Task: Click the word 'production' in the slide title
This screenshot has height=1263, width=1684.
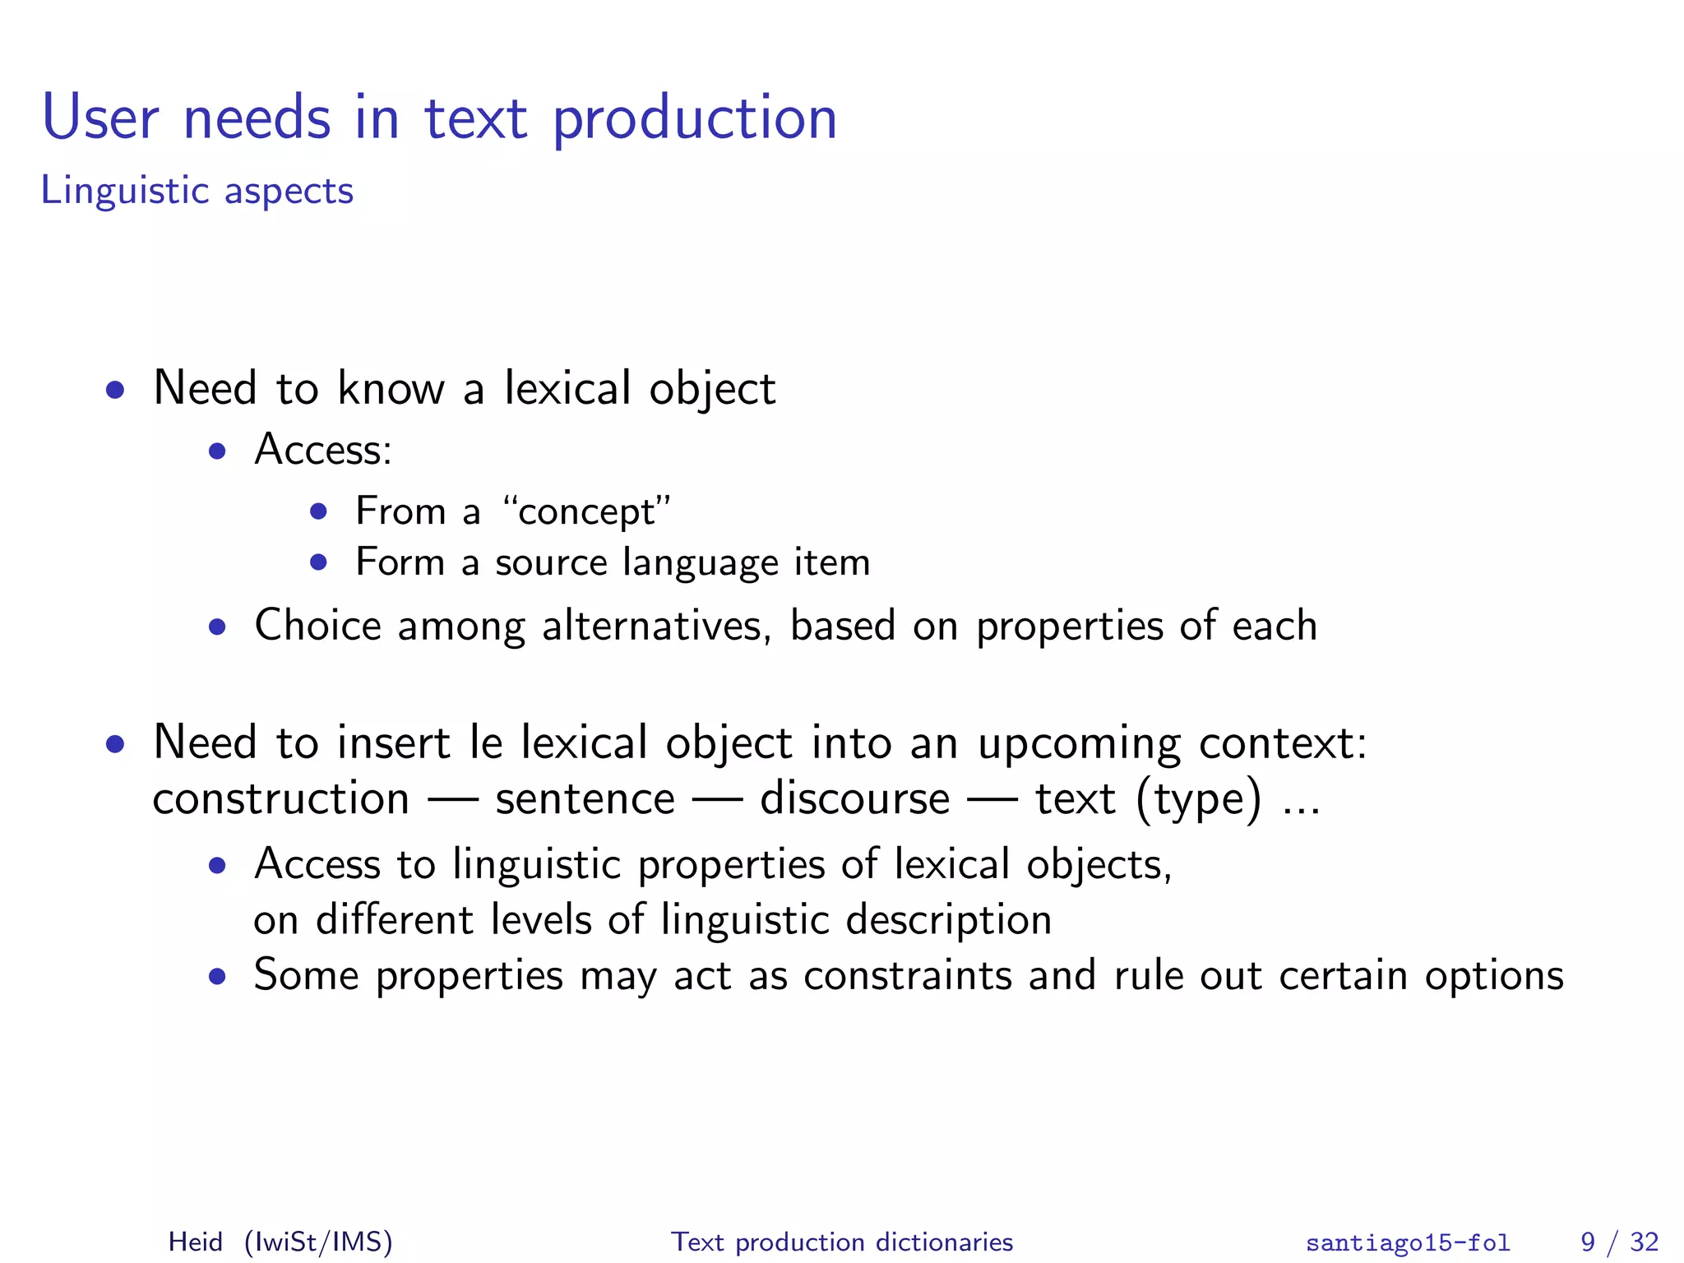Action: click(694, 119)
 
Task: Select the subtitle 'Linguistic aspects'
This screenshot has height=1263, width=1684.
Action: click(197, 191)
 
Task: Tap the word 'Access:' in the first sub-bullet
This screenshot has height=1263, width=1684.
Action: click(323, 450)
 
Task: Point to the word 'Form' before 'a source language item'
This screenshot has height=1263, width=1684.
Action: click(400, 562)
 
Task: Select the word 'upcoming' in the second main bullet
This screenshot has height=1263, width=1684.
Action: click(1079, 744)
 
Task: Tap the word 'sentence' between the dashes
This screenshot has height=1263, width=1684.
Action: click(585, 799)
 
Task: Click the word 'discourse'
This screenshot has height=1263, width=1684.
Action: click(855, 799)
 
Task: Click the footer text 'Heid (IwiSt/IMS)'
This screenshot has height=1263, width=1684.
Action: click(280, 1241)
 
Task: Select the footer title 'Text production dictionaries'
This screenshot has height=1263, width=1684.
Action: click(842, 1241)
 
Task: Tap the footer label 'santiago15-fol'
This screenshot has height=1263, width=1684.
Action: click(1408, 1242)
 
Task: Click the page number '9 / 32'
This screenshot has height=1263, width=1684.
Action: click(1619, 1241)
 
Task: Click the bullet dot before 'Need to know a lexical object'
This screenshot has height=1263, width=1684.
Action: click(115, 390)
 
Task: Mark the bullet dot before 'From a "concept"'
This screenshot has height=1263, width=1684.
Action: click(318, 512)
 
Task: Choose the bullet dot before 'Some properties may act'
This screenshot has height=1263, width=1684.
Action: click(217, 977)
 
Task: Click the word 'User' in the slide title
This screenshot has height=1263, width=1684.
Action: click(100, 119)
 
